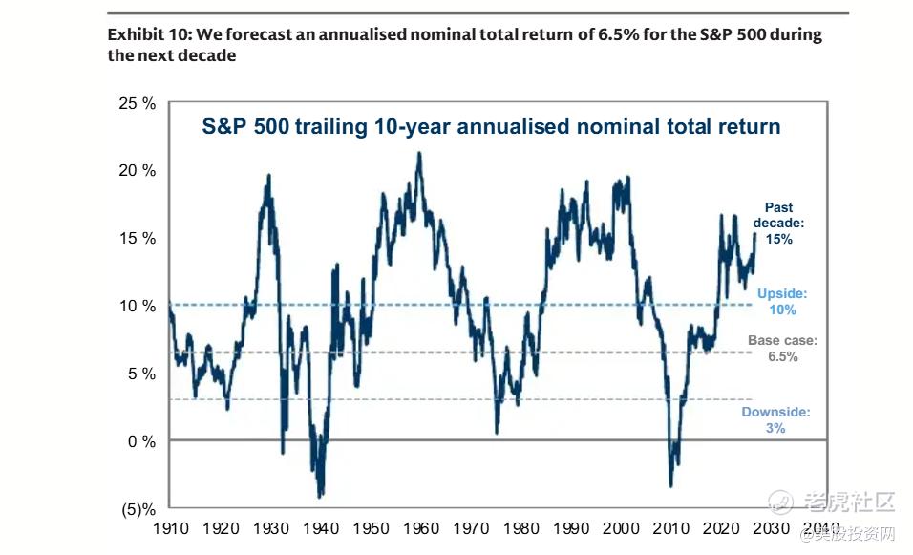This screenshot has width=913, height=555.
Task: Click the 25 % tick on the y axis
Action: (x=136, y=103)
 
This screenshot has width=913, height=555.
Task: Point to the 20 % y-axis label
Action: (x=136, y=171)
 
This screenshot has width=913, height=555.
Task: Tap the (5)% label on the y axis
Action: (x=137, y=508)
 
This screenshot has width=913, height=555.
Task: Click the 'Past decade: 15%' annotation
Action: (x=778, y=224)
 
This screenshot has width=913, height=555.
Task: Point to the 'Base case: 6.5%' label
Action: (x=782, y=348)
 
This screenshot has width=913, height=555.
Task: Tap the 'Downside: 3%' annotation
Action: (x=775, y=420)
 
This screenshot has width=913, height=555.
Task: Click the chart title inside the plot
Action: (x=491, y=126)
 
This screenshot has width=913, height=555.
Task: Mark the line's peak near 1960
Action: (x=418, y=153)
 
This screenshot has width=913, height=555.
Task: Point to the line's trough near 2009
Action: (x=671, y=486)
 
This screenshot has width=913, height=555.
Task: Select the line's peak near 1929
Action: (x=268, y=175)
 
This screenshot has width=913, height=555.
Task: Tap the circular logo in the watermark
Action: (x=781, y=501)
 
